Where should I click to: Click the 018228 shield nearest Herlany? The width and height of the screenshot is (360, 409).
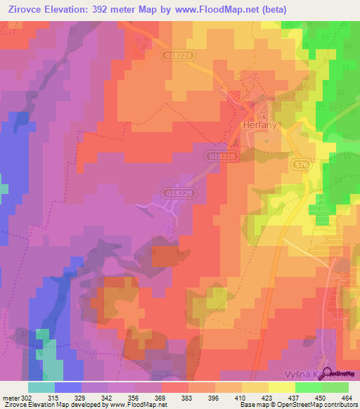pyautogui.click(x=221, y=156)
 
